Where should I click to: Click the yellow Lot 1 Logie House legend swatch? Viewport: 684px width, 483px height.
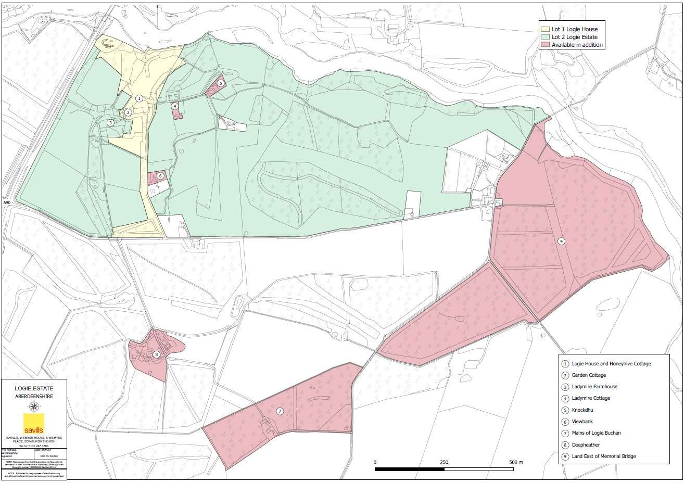point(546,29)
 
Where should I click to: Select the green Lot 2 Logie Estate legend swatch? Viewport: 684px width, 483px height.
point(546,37)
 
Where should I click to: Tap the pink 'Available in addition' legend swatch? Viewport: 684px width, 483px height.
point(546,45)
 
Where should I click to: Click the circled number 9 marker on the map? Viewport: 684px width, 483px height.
point(561,241)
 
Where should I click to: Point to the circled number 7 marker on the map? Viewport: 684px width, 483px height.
point(280,411)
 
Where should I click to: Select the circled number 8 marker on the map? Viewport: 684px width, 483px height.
point(157,355)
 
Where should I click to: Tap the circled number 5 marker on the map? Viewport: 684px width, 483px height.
point(221,83)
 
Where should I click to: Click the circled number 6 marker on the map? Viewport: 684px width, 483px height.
point(160,176)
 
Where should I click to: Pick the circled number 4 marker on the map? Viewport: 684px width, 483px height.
point(175,106)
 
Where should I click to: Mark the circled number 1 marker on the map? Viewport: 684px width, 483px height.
point(139,98)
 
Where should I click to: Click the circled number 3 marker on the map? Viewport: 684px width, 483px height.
point(110,123)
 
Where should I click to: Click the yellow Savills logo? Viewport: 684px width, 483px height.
point(34,423)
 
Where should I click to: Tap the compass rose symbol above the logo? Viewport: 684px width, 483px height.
point(34,406)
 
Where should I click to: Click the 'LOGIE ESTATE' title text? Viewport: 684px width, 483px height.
point(34,388)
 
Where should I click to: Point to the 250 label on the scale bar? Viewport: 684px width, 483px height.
point(444,462)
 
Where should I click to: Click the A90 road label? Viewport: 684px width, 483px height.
point(7,202)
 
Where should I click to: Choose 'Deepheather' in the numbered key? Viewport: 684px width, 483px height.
point(586,445)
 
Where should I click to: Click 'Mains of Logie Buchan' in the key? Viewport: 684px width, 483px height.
point(596,433)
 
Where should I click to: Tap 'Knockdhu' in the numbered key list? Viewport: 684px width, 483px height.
point(582,410)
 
